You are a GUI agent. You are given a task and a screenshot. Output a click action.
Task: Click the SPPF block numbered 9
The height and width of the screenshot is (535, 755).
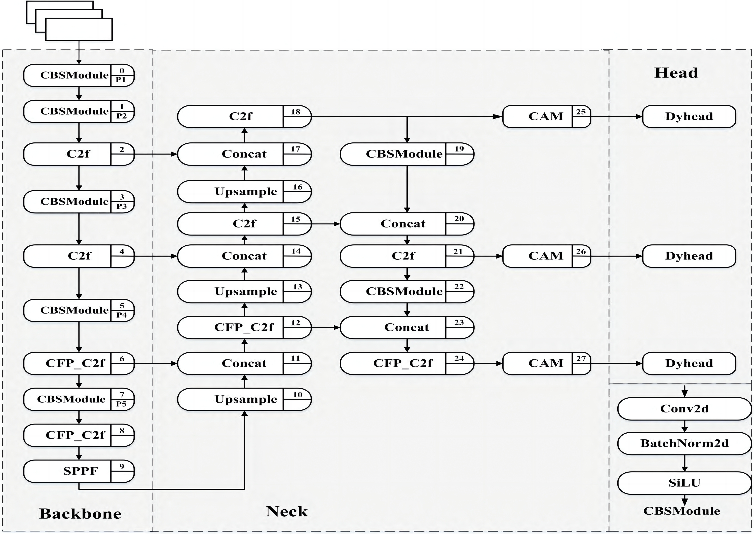click(x=79, y=471)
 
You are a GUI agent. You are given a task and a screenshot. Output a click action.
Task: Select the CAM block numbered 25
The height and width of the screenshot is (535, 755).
click(x=546, y=117)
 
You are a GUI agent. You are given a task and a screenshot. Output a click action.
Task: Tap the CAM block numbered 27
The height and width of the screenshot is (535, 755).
click(x=546, y=363)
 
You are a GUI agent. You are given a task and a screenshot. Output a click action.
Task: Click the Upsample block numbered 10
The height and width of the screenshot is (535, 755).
click(x=244, y=399)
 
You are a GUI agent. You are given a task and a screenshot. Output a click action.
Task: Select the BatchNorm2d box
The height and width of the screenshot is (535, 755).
click(x=685, y=443)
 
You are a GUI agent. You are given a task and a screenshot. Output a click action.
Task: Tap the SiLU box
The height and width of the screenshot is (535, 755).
click(x=685, y=483)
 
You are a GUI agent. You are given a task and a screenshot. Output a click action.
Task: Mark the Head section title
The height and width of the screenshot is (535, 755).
click(x=676, y=73)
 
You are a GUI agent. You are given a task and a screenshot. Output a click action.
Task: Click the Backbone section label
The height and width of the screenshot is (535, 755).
click(x=80, y=514)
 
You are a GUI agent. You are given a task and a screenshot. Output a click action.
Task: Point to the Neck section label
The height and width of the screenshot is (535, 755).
click(x=287, y=511)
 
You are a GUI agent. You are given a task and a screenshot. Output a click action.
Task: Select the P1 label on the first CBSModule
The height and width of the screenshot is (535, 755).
click(x=121, y=80)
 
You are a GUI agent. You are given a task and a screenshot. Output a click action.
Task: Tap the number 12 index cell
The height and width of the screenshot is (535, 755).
click(x=296, y=323)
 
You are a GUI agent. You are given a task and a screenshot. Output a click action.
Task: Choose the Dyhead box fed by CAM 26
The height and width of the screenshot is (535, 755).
click(x=689, y=256)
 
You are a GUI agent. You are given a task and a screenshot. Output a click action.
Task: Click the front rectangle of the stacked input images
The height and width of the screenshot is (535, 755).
click(x=79, y=30)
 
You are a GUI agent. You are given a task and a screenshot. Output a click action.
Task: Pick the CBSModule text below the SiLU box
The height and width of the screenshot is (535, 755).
click(x=682, y=511)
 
